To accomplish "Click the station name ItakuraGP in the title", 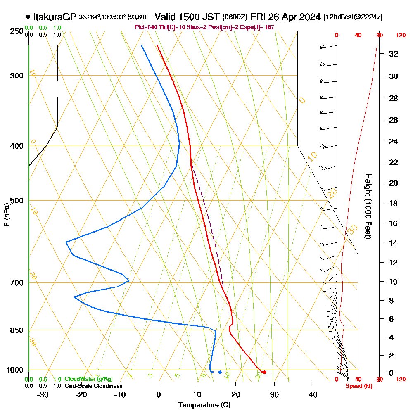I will [x=55, y=17].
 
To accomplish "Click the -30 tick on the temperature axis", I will [x=43, y=394].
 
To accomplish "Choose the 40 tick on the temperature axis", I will [x=313, y=394].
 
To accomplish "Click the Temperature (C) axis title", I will [x=204, y=405].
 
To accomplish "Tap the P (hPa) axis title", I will [x=6, y=214].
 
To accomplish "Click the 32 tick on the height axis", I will [x=394, y=54].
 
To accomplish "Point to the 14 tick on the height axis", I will [x=394, y=243].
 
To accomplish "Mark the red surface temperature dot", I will [x=264, y=372].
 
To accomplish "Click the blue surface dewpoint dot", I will [x=220, y=372].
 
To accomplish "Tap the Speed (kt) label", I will [x=358, y=386].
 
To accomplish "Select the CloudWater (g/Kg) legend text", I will [x=88, y=379].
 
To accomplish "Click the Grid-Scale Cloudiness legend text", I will [x=93, y=386].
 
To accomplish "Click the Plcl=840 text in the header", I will [x=145, y=27].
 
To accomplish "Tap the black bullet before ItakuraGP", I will [x=28, y=17].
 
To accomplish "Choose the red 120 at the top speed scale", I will [x=400, y=36].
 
